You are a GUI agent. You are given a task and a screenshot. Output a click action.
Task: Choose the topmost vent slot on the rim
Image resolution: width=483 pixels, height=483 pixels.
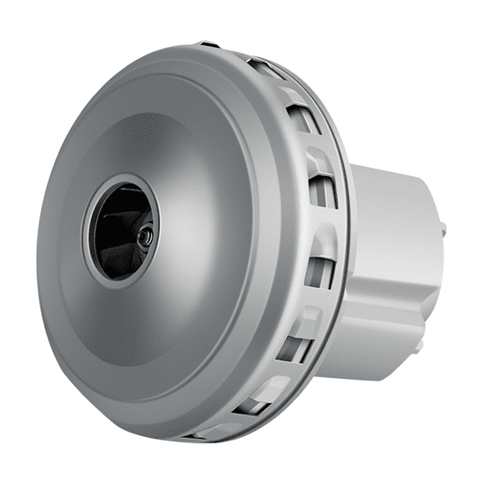pyautogui.click(x=266, y=70)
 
